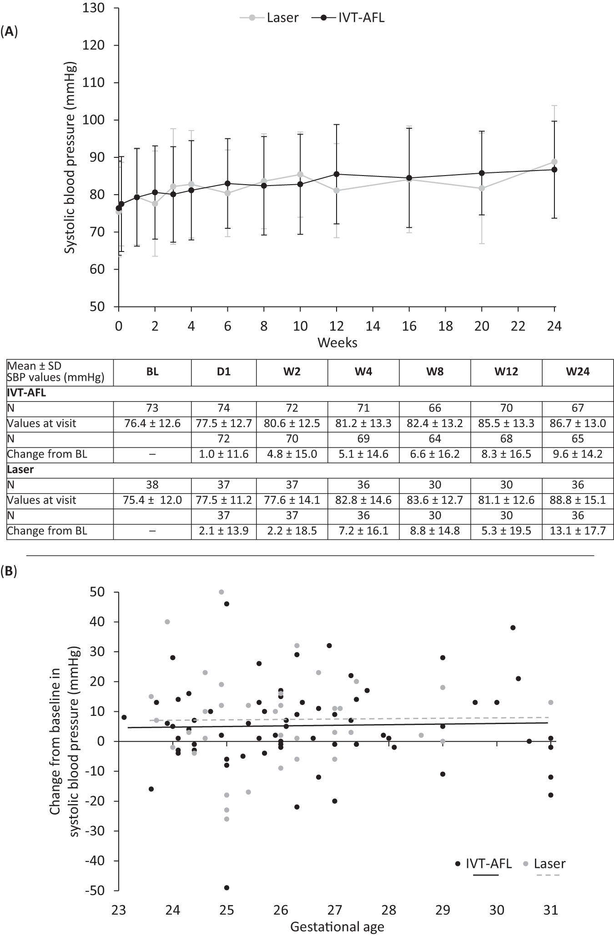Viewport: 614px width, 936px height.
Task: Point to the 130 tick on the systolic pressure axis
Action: coord(95,9)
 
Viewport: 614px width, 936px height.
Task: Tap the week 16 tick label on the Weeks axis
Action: coord(409,326)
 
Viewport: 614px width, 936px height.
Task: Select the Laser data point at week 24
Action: coord(554,162)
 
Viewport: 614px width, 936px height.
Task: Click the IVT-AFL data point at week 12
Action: coord(337,174)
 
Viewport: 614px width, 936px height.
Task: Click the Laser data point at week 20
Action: coord(482,188)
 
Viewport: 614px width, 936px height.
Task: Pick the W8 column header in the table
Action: coord(435,372)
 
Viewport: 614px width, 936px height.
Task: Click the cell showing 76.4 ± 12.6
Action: coord(152,423)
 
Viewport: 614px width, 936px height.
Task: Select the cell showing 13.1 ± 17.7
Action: coord(578,531)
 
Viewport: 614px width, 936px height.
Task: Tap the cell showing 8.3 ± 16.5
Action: coord(506,454)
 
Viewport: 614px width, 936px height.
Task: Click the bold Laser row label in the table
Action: coord(20,470)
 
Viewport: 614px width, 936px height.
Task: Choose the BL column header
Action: coord(152,372)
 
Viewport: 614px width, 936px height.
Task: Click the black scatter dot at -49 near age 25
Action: coord(226,887)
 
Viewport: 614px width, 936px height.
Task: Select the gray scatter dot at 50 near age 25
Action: coord(221,592)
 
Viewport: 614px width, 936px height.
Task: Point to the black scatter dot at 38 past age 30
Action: coord(513,628)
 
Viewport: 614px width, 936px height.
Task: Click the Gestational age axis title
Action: coord(337,927)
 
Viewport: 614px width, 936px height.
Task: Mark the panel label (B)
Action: coord(9,571)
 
